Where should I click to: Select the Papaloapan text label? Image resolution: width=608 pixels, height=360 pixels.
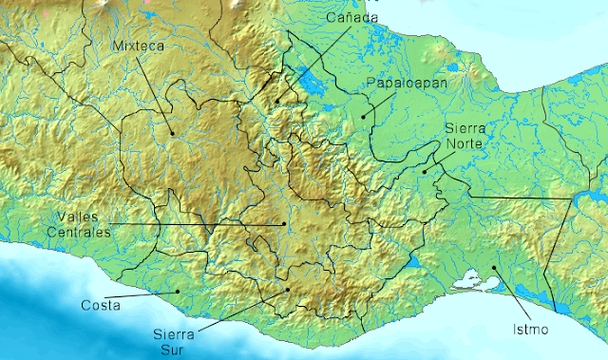pyautogui.click(x=395, y=84)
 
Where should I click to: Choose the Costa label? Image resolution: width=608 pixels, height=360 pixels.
pyautogui.click(x=100, y=306)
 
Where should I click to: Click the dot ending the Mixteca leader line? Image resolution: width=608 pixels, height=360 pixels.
pyautogui.click(x=172, y=133)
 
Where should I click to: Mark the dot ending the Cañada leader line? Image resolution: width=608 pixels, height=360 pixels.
pyautogui.click(x=277, y=102)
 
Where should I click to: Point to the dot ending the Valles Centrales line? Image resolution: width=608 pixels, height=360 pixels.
pyautogui.click(x=283, y=224)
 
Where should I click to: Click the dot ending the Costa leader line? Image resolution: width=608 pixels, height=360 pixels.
pyautogui.click(x=177, y=291)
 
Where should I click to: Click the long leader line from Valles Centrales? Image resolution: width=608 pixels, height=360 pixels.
pyautogui.click(x=190, y=224)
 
